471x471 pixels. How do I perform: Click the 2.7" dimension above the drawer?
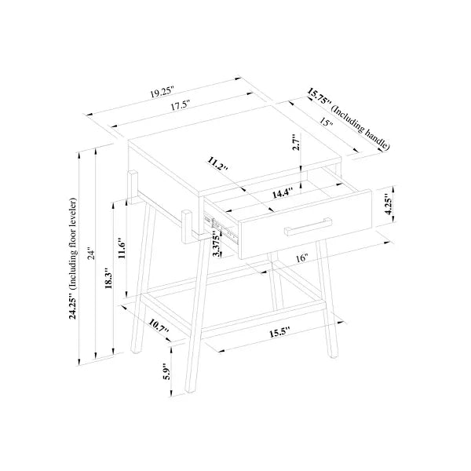point(297,142)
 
